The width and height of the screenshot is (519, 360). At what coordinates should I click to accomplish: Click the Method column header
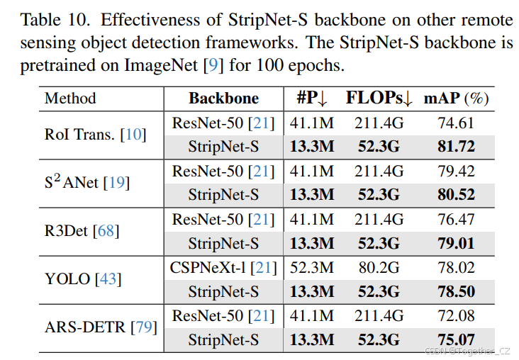[70, 99]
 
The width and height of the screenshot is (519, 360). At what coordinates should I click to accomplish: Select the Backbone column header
[223, 99]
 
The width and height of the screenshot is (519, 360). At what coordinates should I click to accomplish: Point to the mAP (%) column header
[456, 99]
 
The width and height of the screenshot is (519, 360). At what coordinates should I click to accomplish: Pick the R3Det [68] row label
[82, 231]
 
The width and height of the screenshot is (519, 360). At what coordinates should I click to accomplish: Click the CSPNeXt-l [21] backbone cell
[223, 268]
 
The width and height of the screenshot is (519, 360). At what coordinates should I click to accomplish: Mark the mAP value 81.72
[456, 147]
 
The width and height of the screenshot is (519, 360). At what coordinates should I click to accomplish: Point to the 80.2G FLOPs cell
[379, 268]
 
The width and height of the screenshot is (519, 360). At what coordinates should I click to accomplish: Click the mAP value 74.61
[456, 123]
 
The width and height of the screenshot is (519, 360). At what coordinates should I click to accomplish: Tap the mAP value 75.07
[456, 340]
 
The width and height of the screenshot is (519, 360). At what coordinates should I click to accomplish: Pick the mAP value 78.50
[456, 292]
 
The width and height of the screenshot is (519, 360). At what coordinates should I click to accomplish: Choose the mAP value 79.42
[456, 171]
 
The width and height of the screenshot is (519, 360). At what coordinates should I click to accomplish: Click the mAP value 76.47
[456, 220]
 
